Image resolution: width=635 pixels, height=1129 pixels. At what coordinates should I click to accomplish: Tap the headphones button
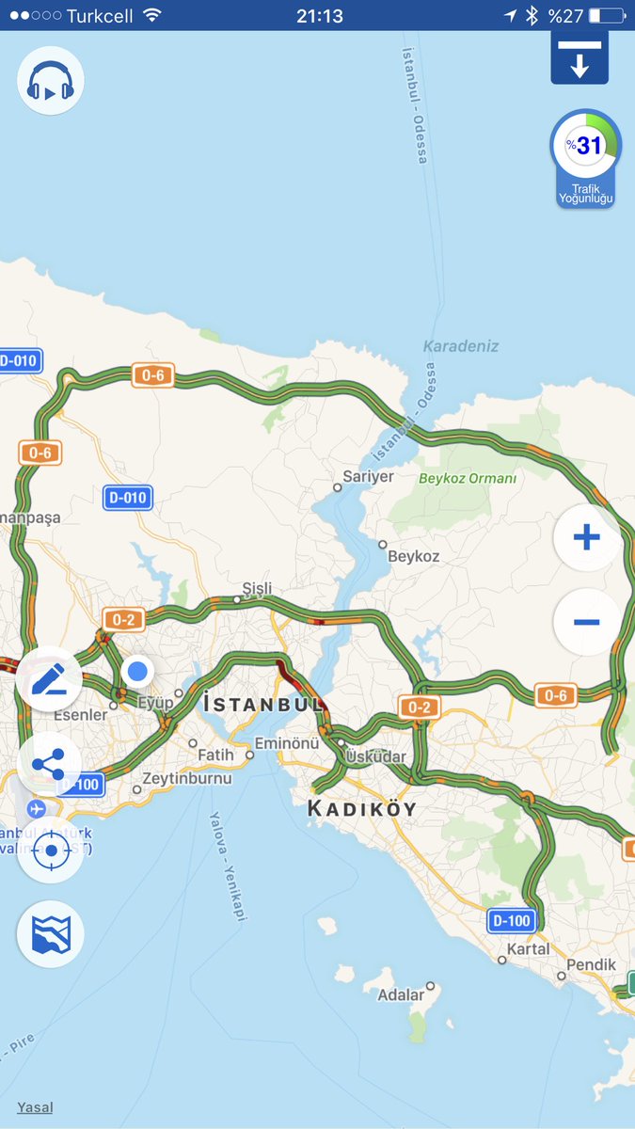51,82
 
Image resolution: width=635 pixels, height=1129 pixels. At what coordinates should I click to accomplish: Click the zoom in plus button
586,538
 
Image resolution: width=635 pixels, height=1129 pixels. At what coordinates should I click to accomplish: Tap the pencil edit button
50,678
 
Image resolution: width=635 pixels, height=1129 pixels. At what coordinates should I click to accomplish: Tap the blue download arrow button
579,59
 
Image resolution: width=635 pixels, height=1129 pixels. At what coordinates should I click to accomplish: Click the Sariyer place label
368,477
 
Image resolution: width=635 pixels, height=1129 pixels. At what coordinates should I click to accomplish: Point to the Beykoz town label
413,556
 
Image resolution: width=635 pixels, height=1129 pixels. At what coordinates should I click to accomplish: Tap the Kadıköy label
361,808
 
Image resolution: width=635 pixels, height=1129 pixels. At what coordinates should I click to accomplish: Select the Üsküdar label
375,756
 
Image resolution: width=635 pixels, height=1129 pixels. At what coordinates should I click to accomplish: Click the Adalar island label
401,994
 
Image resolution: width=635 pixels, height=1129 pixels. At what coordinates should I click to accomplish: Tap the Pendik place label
591,964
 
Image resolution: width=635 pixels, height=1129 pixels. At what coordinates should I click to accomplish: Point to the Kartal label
528,948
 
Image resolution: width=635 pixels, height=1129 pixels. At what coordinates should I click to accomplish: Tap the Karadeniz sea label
461,346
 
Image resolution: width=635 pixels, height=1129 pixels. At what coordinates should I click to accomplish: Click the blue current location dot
137,671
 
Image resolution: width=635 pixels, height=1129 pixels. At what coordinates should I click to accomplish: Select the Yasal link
35,1107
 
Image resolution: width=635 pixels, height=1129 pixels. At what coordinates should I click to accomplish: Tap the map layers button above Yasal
51,934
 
